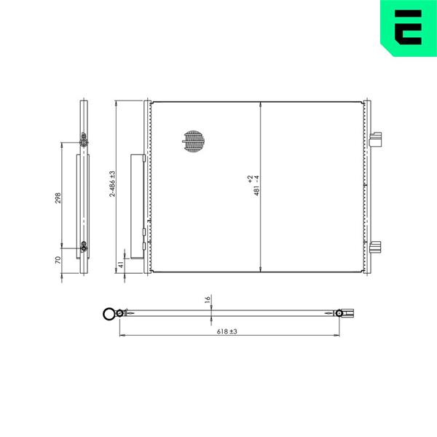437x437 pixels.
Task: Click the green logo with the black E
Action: pos(409,28)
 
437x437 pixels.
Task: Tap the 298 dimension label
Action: pos(58,197)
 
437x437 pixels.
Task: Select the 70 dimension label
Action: pos(58,260)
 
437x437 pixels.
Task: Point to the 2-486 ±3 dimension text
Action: pos(112,184)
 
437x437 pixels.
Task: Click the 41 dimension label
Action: pos(121,264)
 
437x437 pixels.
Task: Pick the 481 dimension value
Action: pos(257,189)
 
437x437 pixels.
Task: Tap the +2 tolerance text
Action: pos(250,179)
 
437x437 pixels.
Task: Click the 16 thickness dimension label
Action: pos(207,299)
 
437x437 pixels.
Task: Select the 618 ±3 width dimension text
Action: pos(227,331)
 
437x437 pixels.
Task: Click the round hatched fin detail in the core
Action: pos(194,141)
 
